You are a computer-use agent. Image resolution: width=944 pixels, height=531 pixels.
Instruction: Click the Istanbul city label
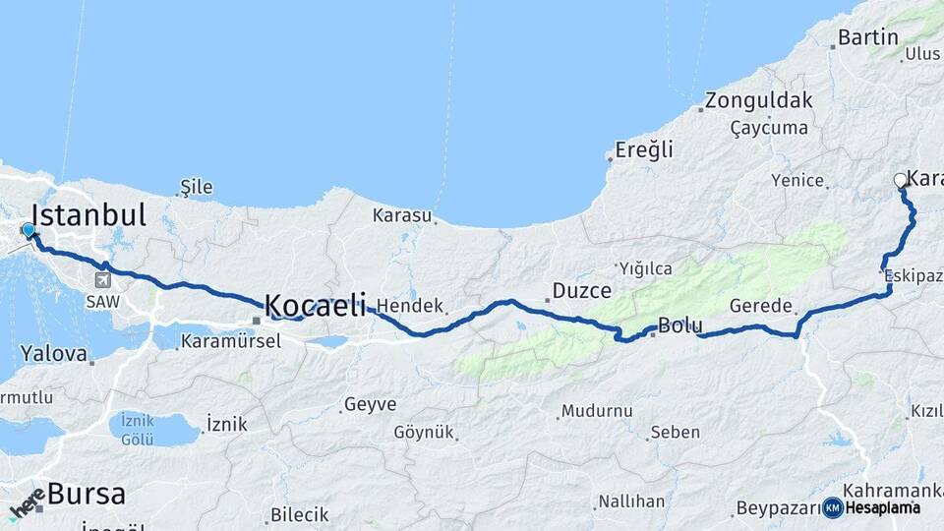coord(88,214)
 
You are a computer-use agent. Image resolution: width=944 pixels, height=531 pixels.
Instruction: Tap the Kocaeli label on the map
coord(315,305)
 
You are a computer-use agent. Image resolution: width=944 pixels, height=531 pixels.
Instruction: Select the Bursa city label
coord(86,493)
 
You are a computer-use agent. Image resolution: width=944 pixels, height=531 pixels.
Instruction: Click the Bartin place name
coord(868,37)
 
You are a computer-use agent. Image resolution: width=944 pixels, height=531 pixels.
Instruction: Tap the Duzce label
coord(582,290)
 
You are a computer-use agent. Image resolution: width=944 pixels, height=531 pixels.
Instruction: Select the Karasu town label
coord(402,214)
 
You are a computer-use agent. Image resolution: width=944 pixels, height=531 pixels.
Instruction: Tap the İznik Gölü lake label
coord(138,429)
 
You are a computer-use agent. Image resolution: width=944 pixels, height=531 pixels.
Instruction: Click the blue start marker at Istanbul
coord(28,231)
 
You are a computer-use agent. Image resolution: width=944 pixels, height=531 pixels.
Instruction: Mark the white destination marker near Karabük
coord(900,180)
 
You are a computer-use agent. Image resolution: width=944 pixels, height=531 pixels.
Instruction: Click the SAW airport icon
coord(101,278)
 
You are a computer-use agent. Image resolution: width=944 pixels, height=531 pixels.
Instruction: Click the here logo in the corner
coord(27,501)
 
